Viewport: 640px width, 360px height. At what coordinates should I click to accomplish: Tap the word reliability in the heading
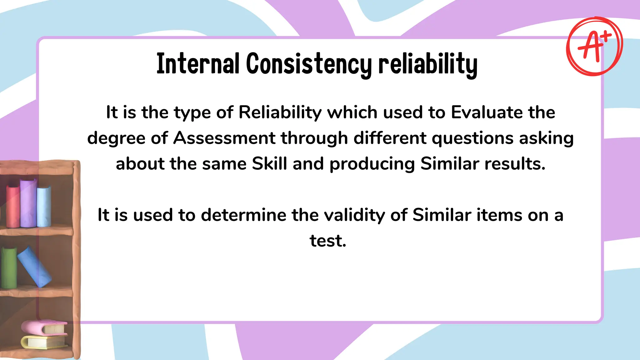(x=428, y=64)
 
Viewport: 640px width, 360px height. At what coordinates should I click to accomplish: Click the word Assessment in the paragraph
(x=224, y=138)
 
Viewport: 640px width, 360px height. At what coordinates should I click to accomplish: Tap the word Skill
(x=269, y=163)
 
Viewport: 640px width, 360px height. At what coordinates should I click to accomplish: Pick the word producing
(x=372, y=164)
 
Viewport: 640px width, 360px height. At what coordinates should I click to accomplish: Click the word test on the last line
(x=327, y=241)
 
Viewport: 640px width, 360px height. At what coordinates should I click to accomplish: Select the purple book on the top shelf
(x=28, y=203)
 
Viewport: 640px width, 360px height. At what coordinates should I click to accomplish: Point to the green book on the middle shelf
(x=9, y=267)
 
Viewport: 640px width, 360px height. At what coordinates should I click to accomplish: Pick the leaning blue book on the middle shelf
(x=34, y=266)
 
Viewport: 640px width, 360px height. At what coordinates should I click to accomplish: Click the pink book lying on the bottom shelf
(x=44, y=327)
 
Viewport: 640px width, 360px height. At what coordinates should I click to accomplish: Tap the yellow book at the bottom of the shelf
(x=44, y=341)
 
